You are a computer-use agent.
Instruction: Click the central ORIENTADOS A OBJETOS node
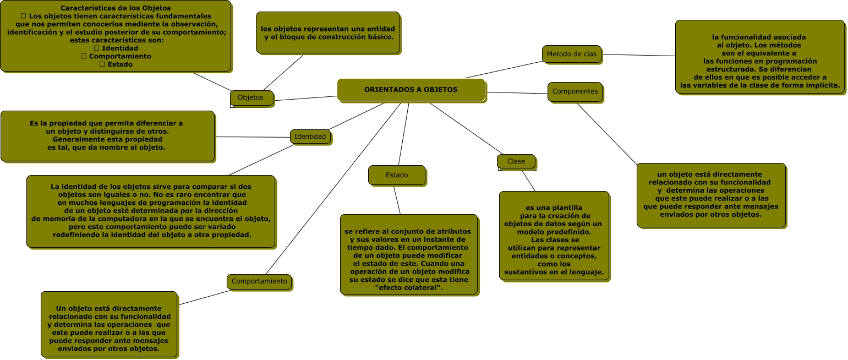pyautogui.click(x=411, y=90)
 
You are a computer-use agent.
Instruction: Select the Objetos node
pyautogui.click(x=251, y=97)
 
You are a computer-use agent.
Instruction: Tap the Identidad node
pyautogui.click(x=310, y=137)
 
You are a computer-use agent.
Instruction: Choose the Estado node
pyautogui.click(x=396, y=175)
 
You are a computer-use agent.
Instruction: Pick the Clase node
pyautogui.click(x=516, y=161)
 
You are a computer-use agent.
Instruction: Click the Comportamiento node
pyautogui.click(x=259, y=281)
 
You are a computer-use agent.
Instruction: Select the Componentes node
pyautogui.click(x=575, y=91)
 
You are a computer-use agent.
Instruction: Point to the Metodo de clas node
pyautogui.click(x=571, y=54)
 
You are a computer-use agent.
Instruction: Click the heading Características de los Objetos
pyautogui.click(x=116, y=8)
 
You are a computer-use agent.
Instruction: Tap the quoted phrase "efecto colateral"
pyautogui.click(x=408, y=288)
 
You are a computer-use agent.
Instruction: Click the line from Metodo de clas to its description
pyautogui.click(x=638, y=55)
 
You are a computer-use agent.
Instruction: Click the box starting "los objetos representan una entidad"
pyautogui.click(x=328, y=32)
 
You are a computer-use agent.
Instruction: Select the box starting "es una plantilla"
pyautogui.click(x=554, y=236)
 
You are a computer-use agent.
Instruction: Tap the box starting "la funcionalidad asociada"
pyautogui.click(x=759, y=57)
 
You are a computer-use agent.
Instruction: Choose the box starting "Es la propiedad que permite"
pyautogui.click(x=107, y=135)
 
